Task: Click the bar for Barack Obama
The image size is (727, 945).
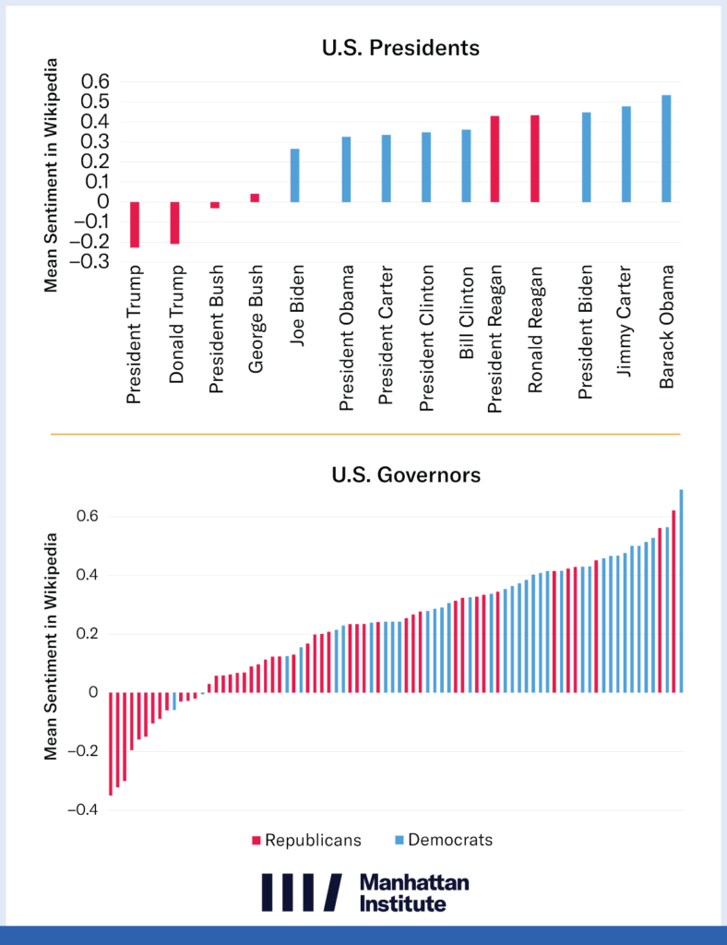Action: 666,149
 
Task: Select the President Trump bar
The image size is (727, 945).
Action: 135,224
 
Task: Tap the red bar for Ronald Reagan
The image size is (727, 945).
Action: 535,159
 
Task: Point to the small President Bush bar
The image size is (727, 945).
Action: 215,205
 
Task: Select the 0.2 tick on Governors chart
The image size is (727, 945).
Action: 87,634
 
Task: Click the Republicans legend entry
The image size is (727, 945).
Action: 305,840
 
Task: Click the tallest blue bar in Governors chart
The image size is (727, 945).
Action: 682,591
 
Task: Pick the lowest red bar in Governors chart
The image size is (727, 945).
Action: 111,743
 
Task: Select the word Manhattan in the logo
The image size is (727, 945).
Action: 414,882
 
